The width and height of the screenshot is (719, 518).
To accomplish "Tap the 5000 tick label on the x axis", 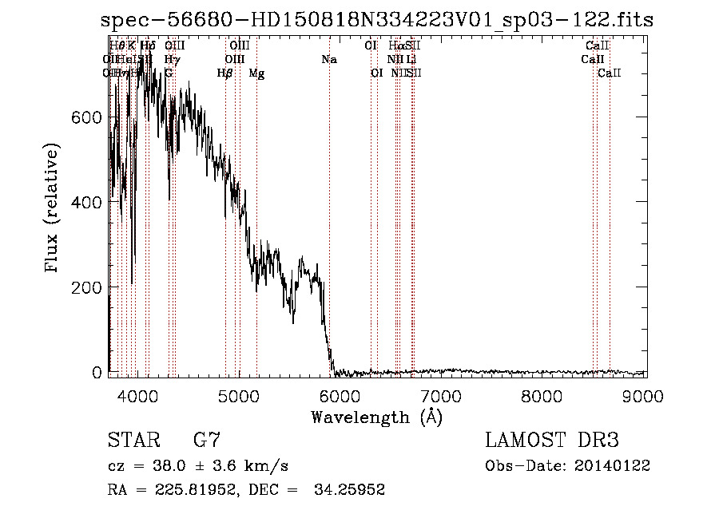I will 239,395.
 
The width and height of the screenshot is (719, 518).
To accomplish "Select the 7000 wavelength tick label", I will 442,395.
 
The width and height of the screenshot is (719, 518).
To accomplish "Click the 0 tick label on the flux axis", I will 97,372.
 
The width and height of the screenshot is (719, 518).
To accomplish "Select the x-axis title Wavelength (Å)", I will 376,417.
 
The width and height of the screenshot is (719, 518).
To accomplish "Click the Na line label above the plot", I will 329,59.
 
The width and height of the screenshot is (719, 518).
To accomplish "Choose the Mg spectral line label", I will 256,73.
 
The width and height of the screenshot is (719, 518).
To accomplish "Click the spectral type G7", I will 206,440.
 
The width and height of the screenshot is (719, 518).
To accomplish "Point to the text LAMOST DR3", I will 552,440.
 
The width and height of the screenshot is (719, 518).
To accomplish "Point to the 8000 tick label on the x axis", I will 543,395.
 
